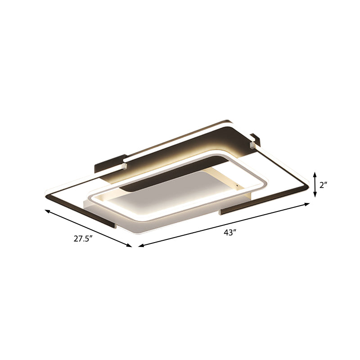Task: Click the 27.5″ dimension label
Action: pos(85,239)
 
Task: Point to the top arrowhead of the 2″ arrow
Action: pos(315,173)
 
